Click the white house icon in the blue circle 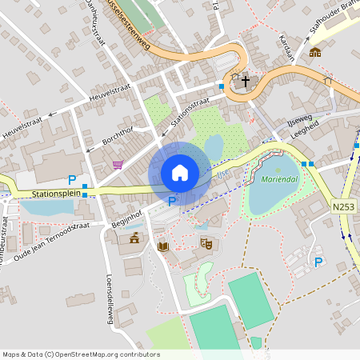(x=180, y=172)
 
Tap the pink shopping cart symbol (x=118, y=165)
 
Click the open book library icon (x=163, y=246)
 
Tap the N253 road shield (x=342, y=206)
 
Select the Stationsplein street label (x=58, y=194)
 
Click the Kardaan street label (x=288, y=48)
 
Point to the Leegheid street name (x=304, y=131)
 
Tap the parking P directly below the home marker (x=172, y=202)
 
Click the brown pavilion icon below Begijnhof (x=134, y=238)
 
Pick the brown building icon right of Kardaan (x=315, y=52)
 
